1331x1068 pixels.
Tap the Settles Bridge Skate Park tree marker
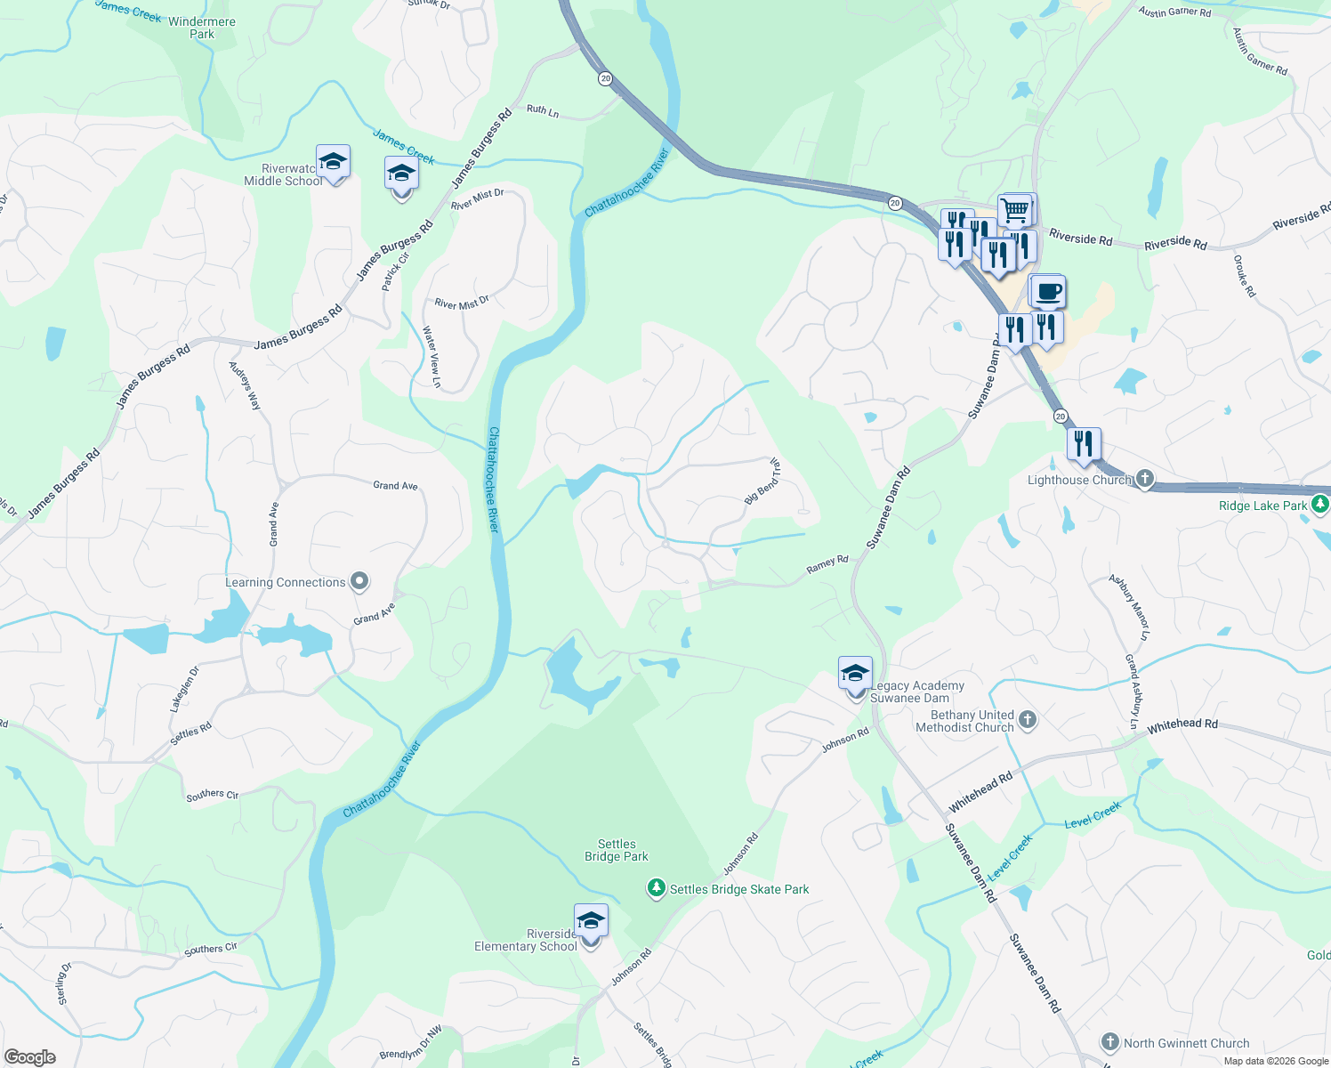pos(656,888)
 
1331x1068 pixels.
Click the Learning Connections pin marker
pos(359,582)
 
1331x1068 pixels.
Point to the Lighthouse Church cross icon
pos(1145,480)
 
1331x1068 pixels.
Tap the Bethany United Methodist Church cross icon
pos(1028,719)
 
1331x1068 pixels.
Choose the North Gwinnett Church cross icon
pos(1109,1042)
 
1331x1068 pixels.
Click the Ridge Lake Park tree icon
pos(1320,505)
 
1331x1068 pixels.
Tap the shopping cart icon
pos(1015,211)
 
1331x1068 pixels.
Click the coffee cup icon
pos(1048,292)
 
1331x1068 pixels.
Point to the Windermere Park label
pos(202,28)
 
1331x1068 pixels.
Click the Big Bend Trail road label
pos(762,481)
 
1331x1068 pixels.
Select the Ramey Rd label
pos(827,564)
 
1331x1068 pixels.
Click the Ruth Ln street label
pos(543,111)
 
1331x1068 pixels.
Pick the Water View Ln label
pos(432,356)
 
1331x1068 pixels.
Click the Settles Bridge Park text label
pos(617,850)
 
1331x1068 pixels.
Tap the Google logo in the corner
pos(30,1056)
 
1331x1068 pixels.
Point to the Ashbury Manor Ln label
pos(1129,608)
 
